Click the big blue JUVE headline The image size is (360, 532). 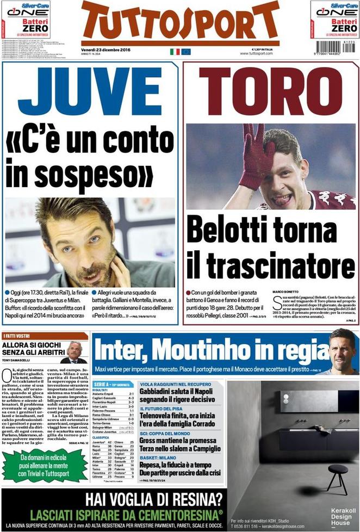pyautogui.click(x=90, y=92)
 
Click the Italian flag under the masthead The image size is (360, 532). pyautogui.click(x=175, y=52)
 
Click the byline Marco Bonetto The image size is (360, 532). pyautogui.click(x=285, y=292)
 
